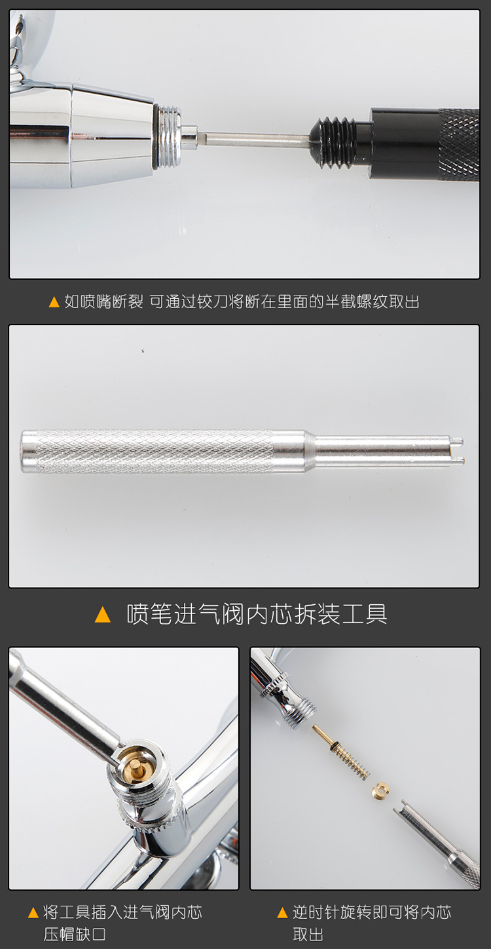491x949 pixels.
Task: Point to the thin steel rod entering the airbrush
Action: [255, 139]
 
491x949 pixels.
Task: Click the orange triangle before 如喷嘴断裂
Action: [54, 302]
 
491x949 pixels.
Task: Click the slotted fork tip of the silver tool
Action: [456, 451]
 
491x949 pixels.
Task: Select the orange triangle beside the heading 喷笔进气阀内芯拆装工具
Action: [103, 615]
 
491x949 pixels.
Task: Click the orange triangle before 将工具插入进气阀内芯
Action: [33, 913]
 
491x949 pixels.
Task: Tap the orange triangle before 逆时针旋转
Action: [283, 913]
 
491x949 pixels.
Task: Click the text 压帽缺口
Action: [74, 934]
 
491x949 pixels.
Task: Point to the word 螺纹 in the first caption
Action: [374, 301]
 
